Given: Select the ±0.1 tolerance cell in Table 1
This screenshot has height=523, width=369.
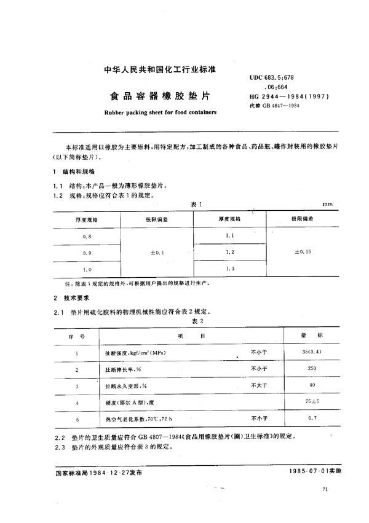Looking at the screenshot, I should [x=158, y=253].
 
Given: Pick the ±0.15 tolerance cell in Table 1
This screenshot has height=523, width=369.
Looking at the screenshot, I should [x=303, y=253].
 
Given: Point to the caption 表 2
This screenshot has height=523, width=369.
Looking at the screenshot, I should [x=197, y=321].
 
